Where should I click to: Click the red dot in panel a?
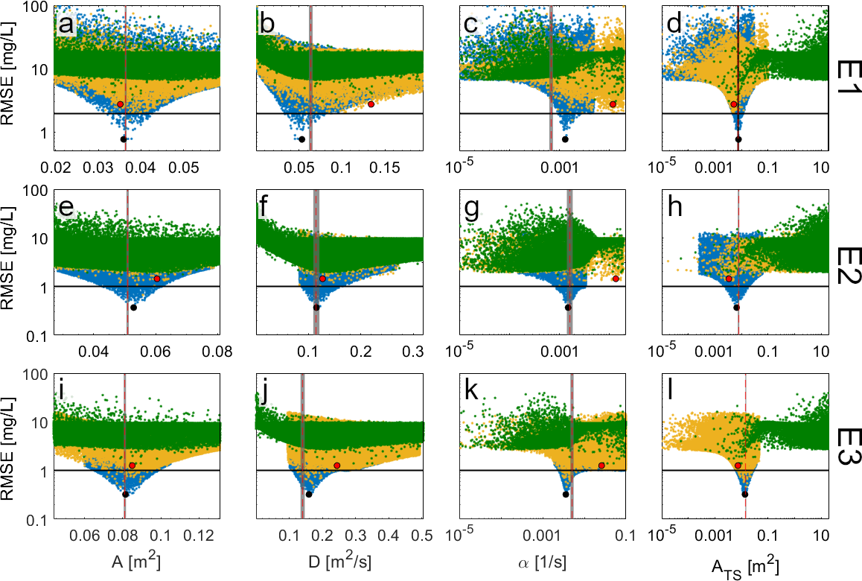coord(120,104)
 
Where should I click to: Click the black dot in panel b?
coord(301,139)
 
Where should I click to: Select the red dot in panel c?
coord(613,104)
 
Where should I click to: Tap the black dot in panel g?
coord(568,308)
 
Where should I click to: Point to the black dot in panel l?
coord(744,494)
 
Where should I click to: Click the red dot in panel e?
coord(157,279)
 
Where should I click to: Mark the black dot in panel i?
coord(126,494)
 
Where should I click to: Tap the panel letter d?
coord(674,25)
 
